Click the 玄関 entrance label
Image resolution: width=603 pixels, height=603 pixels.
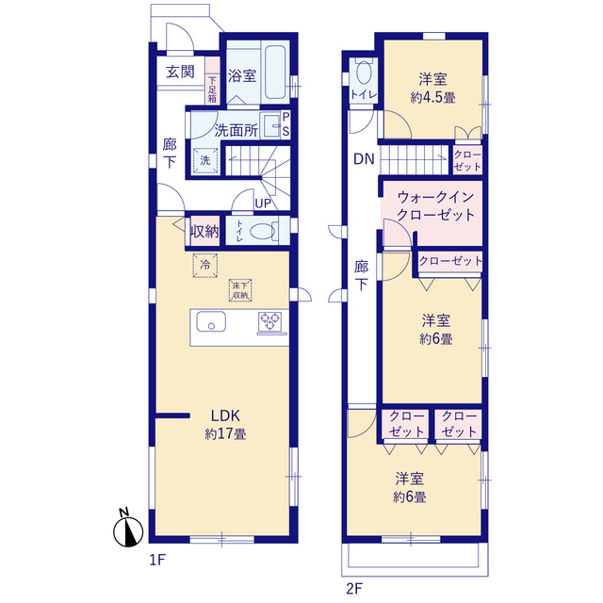tap(180, 72)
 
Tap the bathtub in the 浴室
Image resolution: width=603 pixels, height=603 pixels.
tap(275, 72)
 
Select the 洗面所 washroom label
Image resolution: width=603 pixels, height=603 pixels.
tap(236, 130)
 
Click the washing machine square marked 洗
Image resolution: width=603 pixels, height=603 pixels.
tap(205, 160)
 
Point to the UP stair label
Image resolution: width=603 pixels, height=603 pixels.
tap(263, 204)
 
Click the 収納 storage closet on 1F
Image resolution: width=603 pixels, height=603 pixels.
tap(205, 232)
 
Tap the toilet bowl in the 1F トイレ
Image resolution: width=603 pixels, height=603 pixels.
tap(263, 232)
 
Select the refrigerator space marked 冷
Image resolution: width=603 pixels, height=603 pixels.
tap(205, 265)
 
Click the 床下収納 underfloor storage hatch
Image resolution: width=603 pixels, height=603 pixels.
tap(240, 290)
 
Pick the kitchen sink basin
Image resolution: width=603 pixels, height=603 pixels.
tap(211, 321)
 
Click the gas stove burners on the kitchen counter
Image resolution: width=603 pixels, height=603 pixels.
tap(270, 321)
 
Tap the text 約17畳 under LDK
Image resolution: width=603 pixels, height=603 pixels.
tap(225, 433)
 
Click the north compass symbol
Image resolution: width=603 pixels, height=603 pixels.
tap(128, 530)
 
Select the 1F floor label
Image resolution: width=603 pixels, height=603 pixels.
tap(157, 560)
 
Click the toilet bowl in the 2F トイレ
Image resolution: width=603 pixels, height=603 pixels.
tap(363, 73)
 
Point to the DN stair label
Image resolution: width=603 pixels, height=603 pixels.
tap(364, 159)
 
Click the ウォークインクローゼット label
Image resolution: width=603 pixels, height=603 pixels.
tap(435, 205)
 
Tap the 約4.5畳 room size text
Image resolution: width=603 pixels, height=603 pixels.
tap(433, 98)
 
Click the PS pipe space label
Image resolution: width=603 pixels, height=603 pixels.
tap(285, 124)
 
